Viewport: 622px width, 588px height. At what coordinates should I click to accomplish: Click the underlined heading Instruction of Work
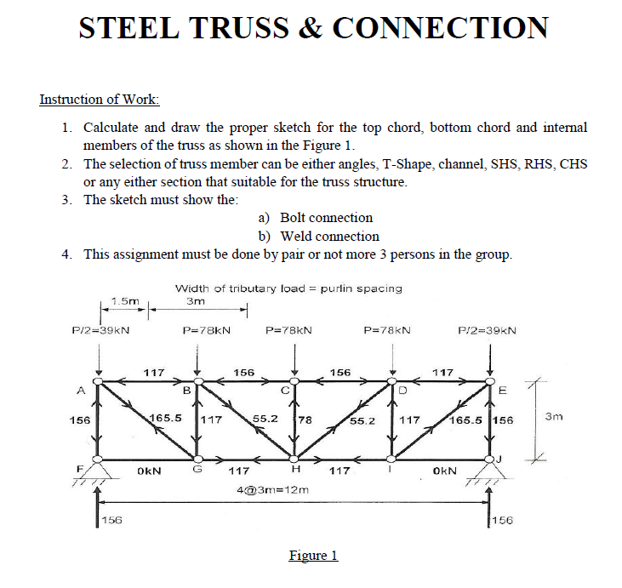pos(100,99)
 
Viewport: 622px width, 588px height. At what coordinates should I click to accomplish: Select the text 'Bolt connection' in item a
pos(326,218)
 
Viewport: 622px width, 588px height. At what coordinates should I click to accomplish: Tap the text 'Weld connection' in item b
pos(330,236)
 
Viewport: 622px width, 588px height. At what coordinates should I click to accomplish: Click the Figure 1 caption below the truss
pos(313,556)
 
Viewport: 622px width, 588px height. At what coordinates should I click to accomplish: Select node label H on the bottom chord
pos(295,469)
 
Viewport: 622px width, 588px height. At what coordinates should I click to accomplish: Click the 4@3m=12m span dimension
pos(271,491)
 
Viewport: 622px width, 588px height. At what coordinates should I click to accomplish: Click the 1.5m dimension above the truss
pos(125,300)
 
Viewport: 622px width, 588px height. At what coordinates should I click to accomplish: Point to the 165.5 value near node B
pos(165,419)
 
